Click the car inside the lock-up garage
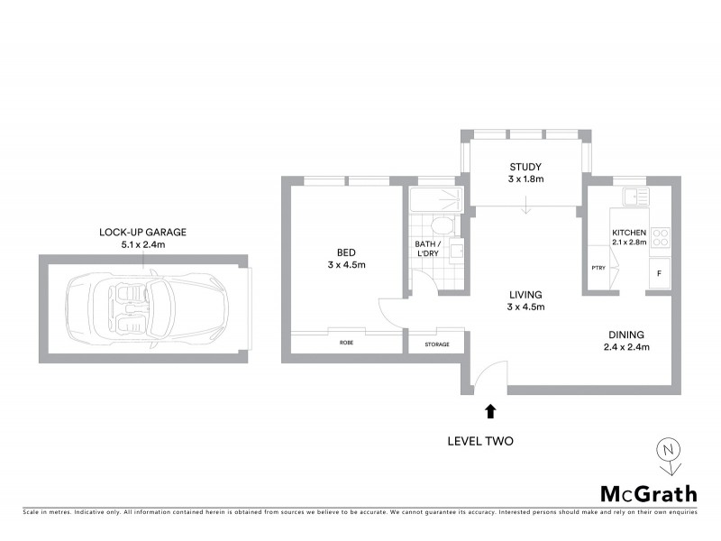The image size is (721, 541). tap(143, 306)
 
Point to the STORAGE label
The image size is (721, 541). tap(437, 344)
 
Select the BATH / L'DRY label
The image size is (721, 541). tap(427, 250)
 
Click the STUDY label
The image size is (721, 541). tap(525, 166)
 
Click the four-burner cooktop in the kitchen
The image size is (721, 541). tap(661, 236)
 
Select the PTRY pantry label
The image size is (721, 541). tap(598, 268)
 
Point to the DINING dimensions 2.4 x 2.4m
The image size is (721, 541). tap(625, 346)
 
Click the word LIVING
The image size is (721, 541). tap(525, 295)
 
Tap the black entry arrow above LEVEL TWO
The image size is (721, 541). tap(490, 411)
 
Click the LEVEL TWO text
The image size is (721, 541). tap(480, 442)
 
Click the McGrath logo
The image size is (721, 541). tap(649, 493)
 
